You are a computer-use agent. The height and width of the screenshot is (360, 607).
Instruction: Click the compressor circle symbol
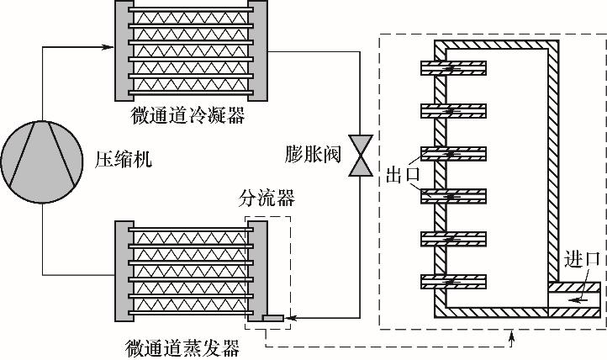[x=40, y=161]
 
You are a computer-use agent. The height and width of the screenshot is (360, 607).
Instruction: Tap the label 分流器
[x=268, y=199]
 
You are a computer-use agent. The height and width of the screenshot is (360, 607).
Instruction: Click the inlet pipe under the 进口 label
[x=576, y=294]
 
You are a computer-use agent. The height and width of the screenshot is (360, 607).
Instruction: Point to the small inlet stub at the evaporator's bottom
[x=272, y=318]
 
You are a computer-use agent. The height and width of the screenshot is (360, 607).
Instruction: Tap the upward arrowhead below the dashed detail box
[x=512, y=336]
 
